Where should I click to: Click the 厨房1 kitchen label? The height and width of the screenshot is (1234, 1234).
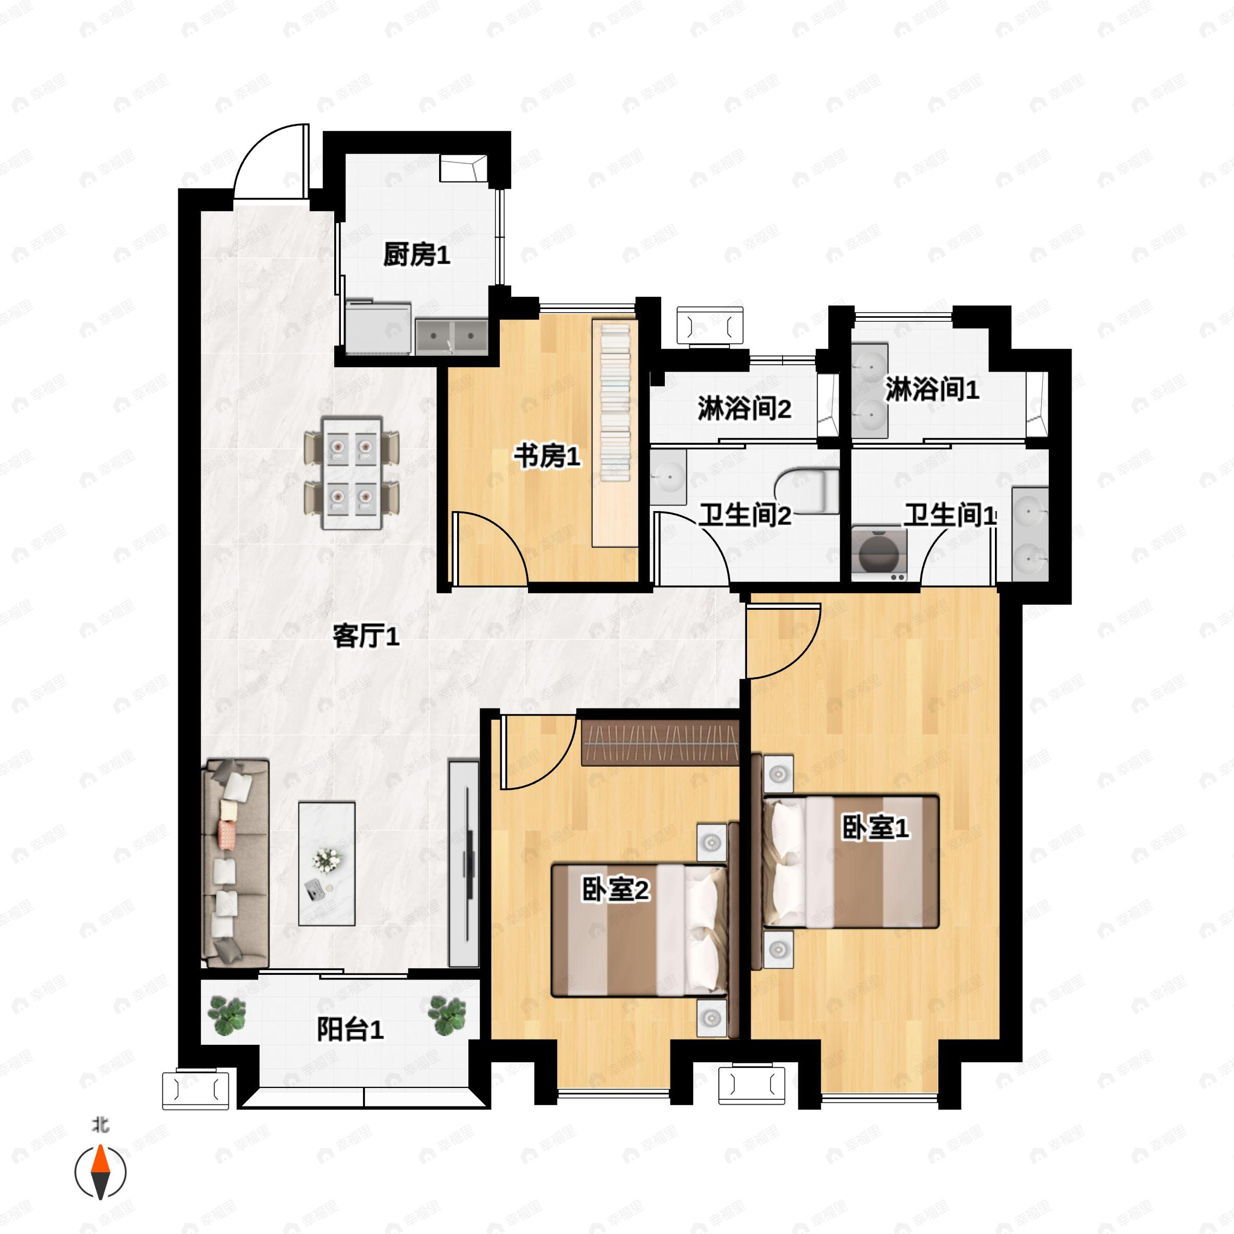(416, 256)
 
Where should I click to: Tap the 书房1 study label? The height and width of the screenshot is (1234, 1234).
(548, 457)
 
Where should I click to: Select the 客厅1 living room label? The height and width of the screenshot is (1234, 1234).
(366, 636)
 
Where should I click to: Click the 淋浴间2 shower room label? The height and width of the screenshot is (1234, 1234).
(744, 408)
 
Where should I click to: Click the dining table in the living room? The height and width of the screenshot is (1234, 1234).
(352, 473)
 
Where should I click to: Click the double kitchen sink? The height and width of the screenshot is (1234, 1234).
(451, 336)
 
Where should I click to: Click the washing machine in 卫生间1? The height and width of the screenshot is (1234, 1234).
(879, 554)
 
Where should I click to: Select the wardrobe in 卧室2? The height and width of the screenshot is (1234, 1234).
(660, 742)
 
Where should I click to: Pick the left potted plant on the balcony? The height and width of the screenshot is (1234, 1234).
(227, 1015)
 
